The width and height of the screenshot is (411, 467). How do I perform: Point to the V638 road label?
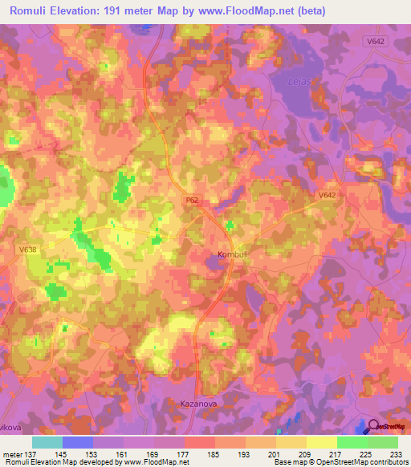click(28, 250)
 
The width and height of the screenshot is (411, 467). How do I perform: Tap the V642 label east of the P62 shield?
click(327, 195)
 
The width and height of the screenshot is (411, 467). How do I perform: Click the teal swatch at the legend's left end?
click(47, 442)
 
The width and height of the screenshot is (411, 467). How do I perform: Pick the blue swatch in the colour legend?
click(78, 442)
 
